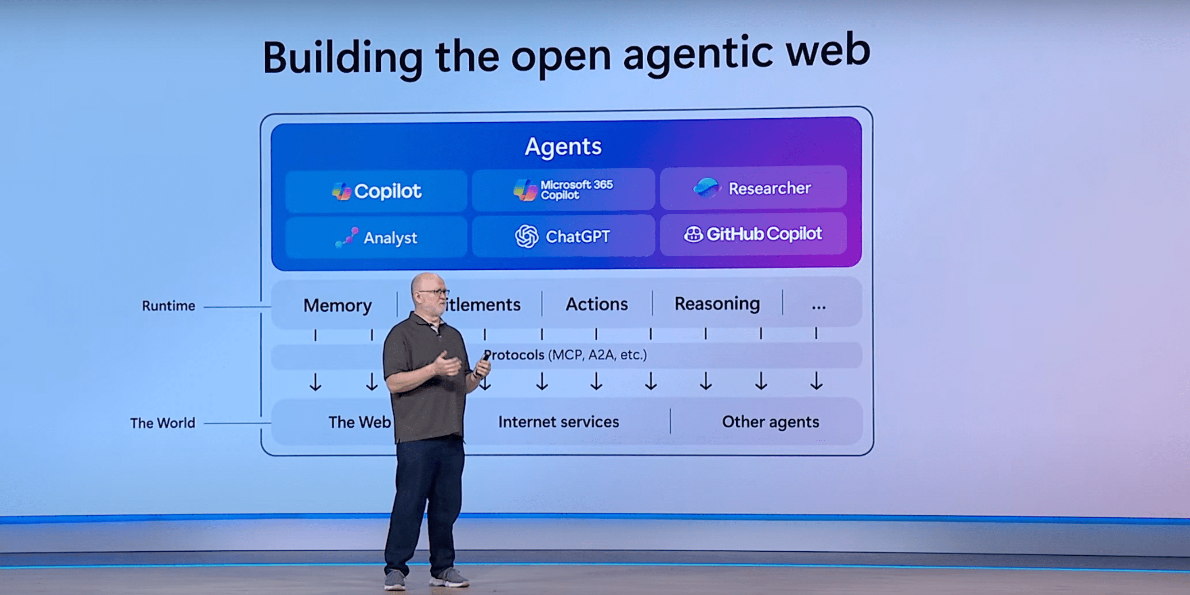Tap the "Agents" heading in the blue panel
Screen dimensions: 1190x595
coord(563,147)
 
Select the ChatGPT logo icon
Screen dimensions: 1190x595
coord(526,236)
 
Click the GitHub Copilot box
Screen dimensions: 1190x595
coord(753,234)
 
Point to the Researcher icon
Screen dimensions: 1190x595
coord(706,188)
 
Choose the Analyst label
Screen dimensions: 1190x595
coord(390,238)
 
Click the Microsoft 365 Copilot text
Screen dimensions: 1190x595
coord(577,189)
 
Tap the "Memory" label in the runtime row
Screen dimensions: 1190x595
coord(337,305)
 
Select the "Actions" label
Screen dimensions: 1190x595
coord(596,304)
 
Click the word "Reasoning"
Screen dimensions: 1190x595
coord(717,304)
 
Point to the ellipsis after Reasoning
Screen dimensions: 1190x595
coord(818,306)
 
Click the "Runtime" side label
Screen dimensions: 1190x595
coord(169,306)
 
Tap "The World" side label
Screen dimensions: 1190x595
coord(162,423)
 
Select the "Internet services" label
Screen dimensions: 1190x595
coord(558,422)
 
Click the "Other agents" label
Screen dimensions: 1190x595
coord(770,422)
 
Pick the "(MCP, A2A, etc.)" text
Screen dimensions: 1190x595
coord(597,355)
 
